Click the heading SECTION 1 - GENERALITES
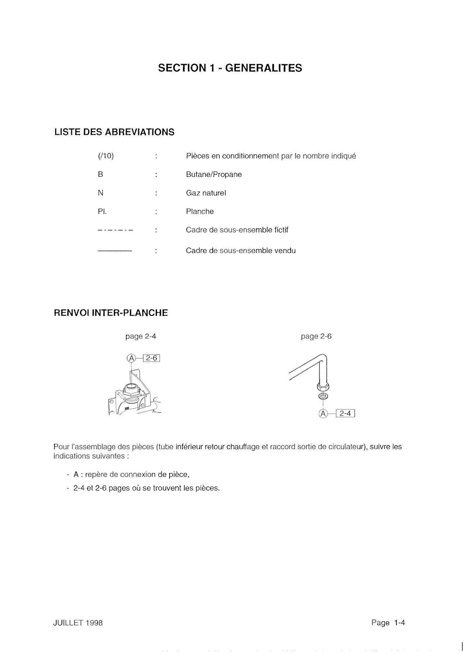(x=230, y=68)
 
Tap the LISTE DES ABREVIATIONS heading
(x=114, y=132)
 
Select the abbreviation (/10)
(x=106, y=156)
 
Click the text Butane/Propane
(x=214, y=174)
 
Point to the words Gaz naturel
(x=206, y=193)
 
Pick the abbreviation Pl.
(x=102, y=211)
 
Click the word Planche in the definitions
(x=200, y=211)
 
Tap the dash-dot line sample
(x=115, y=230)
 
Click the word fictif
(x=281, y=230)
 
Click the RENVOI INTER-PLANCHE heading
(x=110, y=313)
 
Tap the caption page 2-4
(x=140, y=336)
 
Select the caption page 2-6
(x=316, y=336)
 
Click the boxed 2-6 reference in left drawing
(x=151, y=358)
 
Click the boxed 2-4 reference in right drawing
(x=345, y=413)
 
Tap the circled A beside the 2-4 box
(x=323, y=413)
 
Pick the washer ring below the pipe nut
(x=323, y=396)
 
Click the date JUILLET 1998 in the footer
(x=78, y=623)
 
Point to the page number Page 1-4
(x=388, y=623)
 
